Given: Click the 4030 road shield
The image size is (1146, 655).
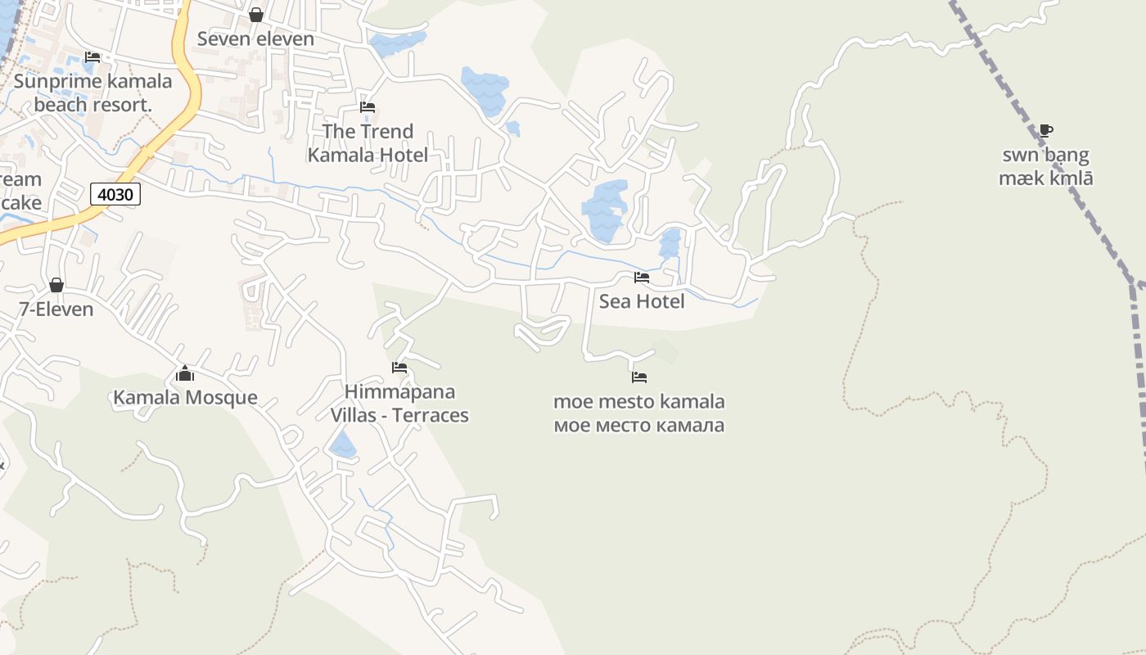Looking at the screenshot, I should (115, 194).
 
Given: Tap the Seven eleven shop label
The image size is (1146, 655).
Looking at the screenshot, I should (255, 38).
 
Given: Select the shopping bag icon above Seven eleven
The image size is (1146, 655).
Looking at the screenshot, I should (255, 15).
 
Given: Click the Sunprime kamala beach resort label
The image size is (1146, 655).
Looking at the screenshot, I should (92, 93).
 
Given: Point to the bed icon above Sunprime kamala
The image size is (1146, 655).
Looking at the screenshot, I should (92, 57).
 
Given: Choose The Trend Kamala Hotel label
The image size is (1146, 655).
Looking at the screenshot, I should (368, 142).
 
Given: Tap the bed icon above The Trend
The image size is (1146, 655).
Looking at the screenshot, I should (368, 107).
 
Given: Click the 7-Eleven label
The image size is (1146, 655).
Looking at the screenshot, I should (56, 309).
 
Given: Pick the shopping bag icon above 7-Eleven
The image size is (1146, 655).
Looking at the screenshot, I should (56, 285).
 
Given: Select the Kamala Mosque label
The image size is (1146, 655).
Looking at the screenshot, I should (185, 398).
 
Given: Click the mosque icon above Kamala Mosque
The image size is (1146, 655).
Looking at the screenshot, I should (185, 374).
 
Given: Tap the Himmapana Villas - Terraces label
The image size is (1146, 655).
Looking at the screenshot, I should (399, 403).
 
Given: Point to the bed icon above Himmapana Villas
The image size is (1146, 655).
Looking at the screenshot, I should (399, 368).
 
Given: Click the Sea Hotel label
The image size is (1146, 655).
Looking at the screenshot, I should (642, 301).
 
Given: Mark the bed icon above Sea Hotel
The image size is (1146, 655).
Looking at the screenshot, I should (642, 278).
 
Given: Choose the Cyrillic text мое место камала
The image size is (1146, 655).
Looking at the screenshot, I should (638, 426).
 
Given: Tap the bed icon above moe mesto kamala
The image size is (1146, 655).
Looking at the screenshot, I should (639, 377).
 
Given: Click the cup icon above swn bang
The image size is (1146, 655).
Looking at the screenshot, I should (1045, 130).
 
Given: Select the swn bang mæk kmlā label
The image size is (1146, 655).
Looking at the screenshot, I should (1045, 166).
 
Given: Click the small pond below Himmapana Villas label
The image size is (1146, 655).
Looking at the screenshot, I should (343, 445).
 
